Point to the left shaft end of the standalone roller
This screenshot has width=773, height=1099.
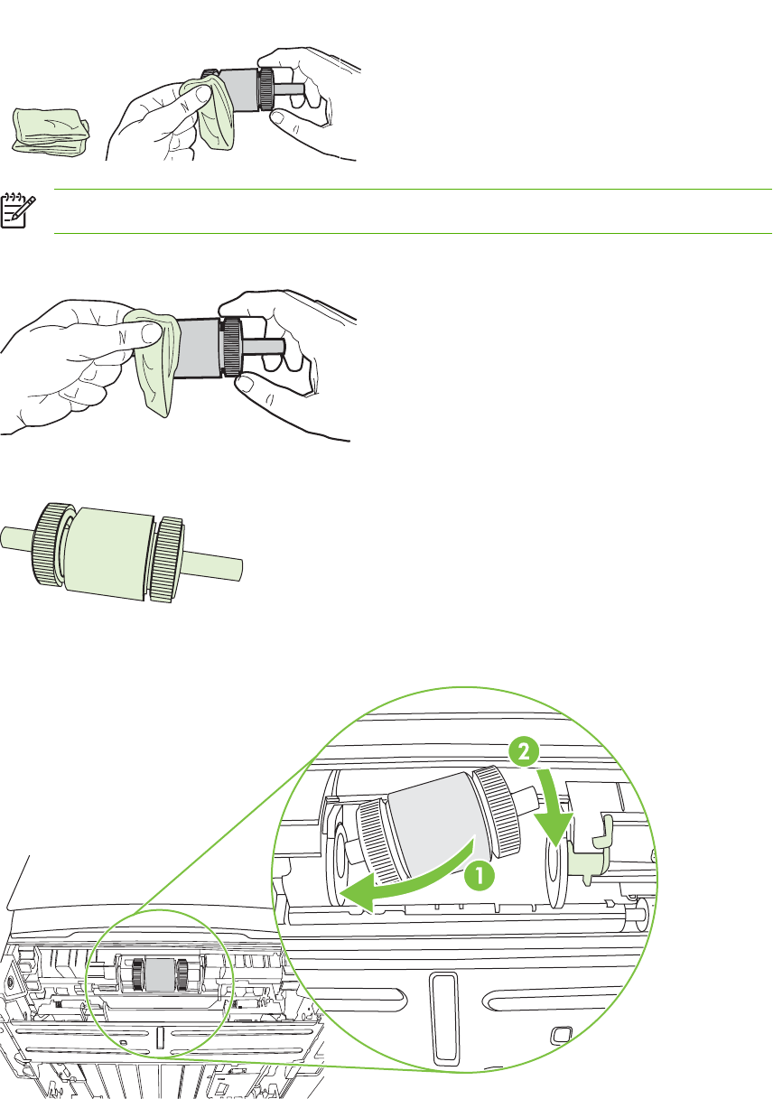point(14,538)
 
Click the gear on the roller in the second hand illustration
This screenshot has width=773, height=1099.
point(230,347)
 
